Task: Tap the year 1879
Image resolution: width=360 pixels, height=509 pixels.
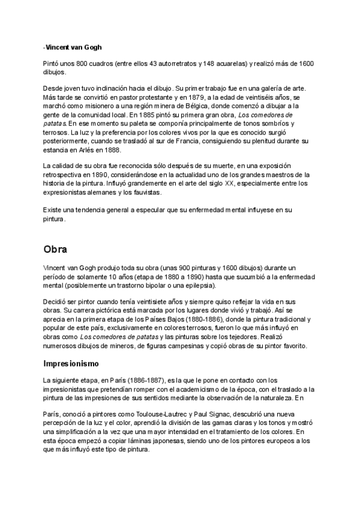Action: pos(215,97)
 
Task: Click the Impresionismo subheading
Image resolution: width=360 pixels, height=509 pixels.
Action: pos(75,363)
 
